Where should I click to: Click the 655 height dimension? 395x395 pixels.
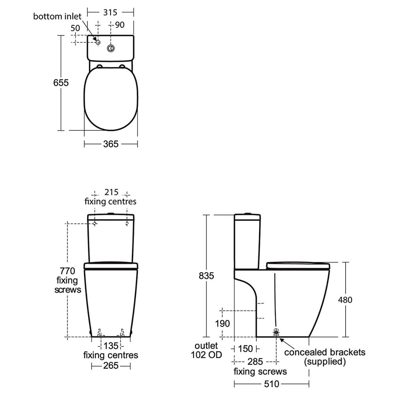pyautogui.click(x=61, y=83)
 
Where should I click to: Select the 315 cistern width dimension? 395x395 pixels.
pyautogui.click(x=110, y=12)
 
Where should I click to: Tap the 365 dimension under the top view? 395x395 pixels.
pyautogui.click(x=111, y=144)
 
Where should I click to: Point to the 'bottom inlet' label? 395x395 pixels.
pyautogui.click(x=57, y=16)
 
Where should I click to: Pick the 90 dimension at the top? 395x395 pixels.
pyautogui.click(x=120, y=24)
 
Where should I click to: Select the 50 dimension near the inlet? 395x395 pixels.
pyautogui.click(x=75, y=28)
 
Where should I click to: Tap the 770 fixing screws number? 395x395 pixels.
pyautogui.click(x=67, y=271)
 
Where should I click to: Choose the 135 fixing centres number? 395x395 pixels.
pyautogui.click(x=111, y=346)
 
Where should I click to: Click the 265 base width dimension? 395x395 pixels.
pyautogui.click(x=111, y=366)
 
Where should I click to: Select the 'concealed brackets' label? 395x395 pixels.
pyautogui.click(x=325, y=352)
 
